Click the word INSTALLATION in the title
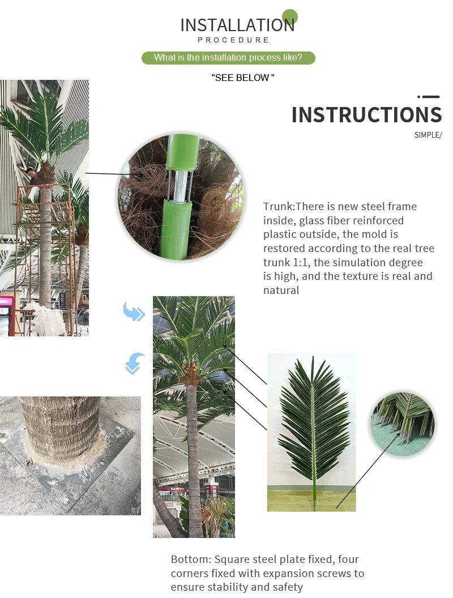pos(237,25)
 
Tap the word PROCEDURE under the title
pos(233,40)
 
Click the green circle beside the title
pos(289,16)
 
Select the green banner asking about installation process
pos(228,58)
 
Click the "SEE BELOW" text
pos(242,78)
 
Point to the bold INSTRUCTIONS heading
pos(366,115)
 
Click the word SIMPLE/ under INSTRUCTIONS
pos(428,135)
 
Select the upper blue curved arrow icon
pos(134,312)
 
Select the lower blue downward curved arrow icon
pos(134,363)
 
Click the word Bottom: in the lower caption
pos(191,559)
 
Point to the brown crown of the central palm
pos(191,374)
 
